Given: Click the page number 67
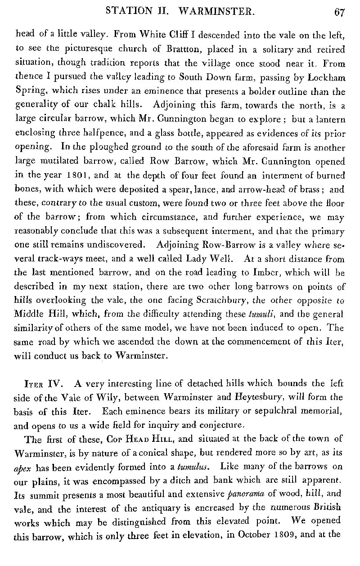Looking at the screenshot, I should (x=339, y=12).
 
